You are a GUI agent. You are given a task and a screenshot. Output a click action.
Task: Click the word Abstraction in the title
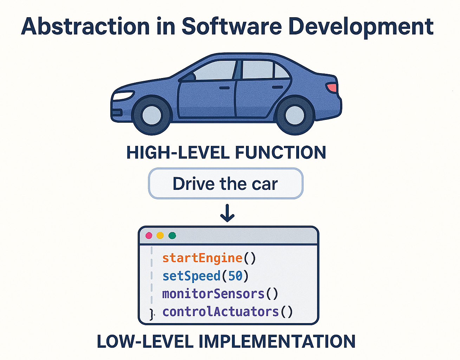point(85,26)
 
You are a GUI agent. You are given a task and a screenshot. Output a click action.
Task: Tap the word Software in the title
point(232,26)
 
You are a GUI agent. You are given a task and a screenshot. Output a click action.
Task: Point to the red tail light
point(332,87)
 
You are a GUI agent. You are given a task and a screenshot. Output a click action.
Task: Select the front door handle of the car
point(224,88)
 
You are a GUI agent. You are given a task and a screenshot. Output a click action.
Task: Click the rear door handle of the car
point(278,87)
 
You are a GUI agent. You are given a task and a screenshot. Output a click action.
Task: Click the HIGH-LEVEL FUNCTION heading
point(226,153)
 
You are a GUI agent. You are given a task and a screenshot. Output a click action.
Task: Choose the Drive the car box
point(225,184)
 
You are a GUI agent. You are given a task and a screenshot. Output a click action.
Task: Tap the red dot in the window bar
point(149,236)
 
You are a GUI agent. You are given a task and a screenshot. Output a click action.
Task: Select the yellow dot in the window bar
point(160,236)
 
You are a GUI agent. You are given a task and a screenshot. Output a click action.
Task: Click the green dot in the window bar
point(172,236)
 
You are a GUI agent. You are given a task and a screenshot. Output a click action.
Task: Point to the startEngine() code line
point(209,258)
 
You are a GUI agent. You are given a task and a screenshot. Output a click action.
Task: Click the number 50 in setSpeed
point(235,276)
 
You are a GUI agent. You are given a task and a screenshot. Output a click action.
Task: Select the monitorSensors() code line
point(220,294)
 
